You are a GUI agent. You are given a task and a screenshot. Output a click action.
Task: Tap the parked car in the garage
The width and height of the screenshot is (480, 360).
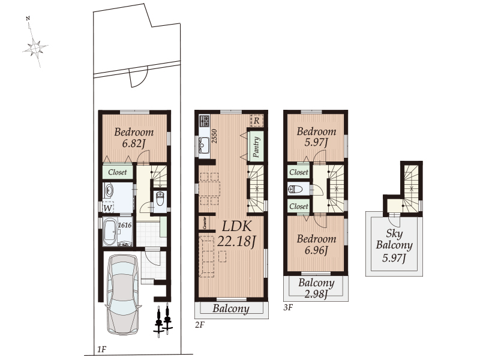(x=124, y=293)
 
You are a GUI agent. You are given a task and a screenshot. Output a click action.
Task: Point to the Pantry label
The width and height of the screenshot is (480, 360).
(x=256, y=146)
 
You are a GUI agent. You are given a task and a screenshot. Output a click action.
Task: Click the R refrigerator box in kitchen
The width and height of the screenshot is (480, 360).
(x=256, y=121)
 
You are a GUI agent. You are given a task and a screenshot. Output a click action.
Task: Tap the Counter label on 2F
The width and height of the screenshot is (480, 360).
(x=205, y=223)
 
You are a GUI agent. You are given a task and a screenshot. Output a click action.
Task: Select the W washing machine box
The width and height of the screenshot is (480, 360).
(x=108, y=208)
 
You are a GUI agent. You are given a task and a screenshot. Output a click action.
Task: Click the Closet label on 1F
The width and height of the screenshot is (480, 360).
(x=117, y=172)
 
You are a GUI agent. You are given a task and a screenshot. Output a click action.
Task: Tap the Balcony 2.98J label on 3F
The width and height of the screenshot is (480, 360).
(x=316, y=288)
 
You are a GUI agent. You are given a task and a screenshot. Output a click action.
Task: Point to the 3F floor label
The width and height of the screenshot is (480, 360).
(x=288, y=307)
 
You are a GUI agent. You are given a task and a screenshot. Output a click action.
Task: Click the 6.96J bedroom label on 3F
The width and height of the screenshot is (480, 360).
(x=316, y=244)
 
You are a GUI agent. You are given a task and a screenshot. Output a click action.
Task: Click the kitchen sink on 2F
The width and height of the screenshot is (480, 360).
(x=202, y=145)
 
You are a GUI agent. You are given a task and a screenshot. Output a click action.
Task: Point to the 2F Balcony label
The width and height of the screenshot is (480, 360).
(x=230, y=309)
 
